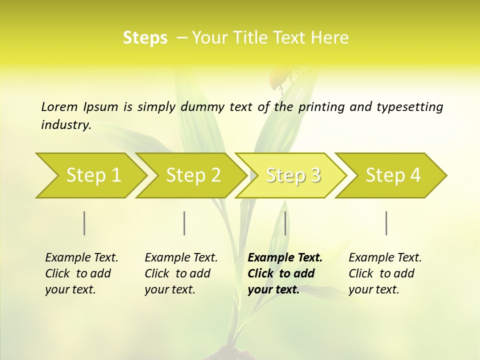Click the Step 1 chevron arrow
tap(93, 175)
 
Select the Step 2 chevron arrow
tap(193, 175)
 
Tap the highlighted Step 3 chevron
tap(293, 175)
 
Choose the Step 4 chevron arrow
tap(393, 175)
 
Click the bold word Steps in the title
tap(145, 38)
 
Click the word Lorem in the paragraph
tap(59, 106)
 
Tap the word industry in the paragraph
tap(66, 124)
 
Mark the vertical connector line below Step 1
tap(84, 223)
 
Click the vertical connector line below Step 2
tap(184, 223)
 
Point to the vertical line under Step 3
tap(285, 223)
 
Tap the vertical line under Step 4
tap(386, 223)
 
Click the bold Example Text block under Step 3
tap(285, 273)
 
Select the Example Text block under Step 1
tap(81, 273)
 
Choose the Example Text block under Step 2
tap(181, 273)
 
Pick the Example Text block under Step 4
tap(385, 273)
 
